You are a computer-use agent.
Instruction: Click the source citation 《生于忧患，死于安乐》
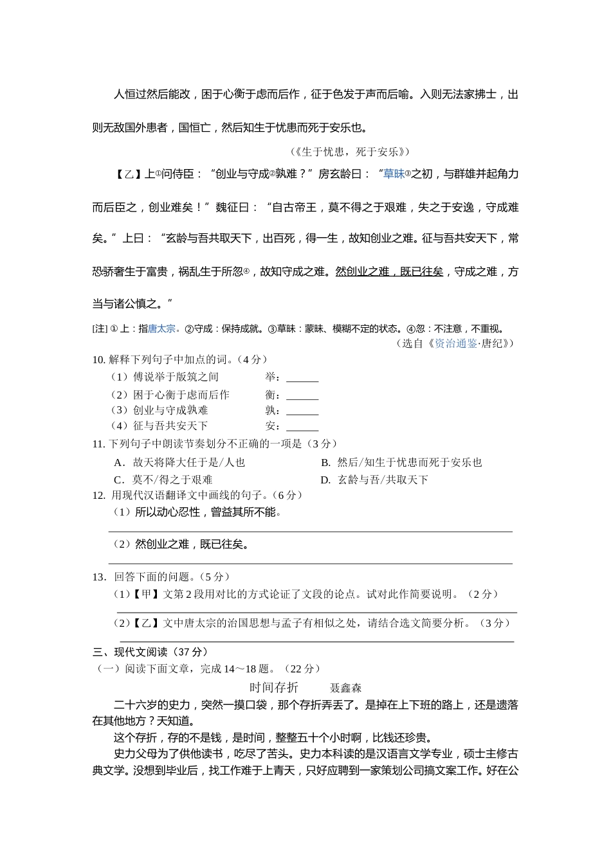349,152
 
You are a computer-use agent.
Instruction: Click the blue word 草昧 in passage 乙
393,174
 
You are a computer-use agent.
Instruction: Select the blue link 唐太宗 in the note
161,328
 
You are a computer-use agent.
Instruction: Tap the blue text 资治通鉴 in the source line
456,343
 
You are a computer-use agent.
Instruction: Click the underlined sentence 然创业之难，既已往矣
390,271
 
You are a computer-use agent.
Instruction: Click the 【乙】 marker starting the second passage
127,174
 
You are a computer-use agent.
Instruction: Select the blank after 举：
302,377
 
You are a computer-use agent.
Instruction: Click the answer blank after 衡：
302,395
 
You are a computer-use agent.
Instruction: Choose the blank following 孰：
302,410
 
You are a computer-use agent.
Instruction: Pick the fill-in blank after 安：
302,426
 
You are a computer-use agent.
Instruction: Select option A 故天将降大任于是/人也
179,462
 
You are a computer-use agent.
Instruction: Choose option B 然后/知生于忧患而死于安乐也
401,462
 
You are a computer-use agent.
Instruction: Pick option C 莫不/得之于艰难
163,480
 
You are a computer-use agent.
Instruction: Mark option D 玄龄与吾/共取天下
374,480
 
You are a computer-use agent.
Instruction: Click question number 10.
98,359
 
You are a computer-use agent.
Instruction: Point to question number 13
98,577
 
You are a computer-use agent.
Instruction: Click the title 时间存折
274,687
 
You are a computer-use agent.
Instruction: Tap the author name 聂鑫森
345,688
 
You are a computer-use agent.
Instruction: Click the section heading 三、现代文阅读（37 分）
150,652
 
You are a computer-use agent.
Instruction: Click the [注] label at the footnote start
100,328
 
